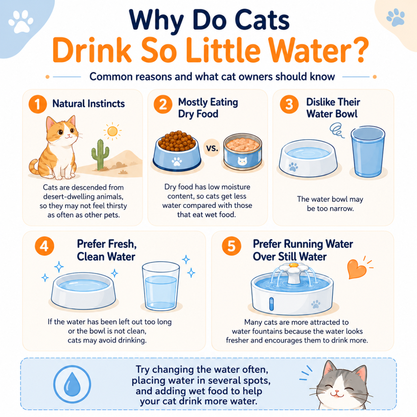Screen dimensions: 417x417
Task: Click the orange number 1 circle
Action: [x=38, y=104]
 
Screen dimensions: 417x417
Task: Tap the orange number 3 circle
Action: [x=289, y=104]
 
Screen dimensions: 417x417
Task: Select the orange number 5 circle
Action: [x=231, y=246]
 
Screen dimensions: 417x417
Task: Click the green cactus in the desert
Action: [x=100, y=154]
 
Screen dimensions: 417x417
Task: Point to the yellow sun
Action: [x=112, y=131]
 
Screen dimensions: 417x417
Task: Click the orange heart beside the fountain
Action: [x=356, y=269]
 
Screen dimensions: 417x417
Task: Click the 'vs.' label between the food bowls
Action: [x=212, y=148]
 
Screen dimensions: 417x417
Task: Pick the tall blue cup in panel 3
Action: [x=368, y=152]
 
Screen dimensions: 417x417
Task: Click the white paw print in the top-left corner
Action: [x=21, y=21]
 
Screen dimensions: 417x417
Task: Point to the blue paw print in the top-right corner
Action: [x=395, y=17]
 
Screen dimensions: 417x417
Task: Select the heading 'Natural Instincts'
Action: [x=89, y=104]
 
